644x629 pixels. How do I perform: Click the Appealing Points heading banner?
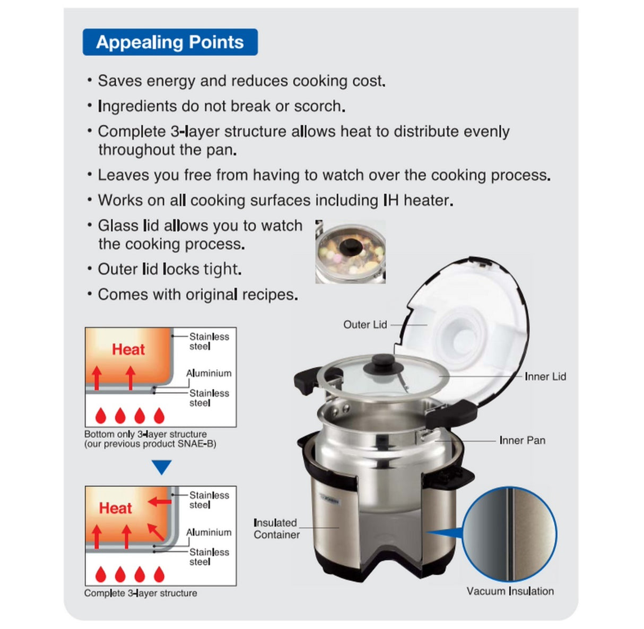tap(170, 42)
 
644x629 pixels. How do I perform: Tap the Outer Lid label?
tap(365, 325)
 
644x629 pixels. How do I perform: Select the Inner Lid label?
tap(545, 377)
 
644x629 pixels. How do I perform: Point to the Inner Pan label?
tap(522, 441)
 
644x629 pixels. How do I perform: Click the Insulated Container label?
tap(276, 529)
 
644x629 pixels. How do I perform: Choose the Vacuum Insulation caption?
tap(510, 591)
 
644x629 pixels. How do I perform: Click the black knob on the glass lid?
tap(382, 364)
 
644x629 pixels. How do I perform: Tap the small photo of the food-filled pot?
tap(350, 252)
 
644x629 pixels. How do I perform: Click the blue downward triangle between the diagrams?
tap(161, 467)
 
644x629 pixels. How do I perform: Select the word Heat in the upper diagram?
tap(128, 349)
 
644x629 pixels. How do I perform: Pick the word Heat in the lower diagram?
tap(115, 508)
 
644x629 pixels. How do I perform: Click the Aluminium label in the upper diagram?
tap(208, 373)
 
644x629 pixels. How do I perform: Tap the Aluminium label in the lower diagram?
tap(208, 532)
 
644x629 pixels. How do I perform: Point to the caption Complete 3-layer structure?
tap(141, 593)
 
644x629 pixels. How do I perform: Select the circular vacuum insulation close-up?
tap(510, 535)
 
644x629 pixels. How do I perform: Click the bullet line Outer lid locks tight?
tap(170, 269)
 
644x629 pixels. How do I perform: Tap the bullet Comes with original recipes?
tap(197, 295)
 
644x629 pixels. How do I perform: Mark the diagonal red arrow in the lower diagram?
tap(155, 531)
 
